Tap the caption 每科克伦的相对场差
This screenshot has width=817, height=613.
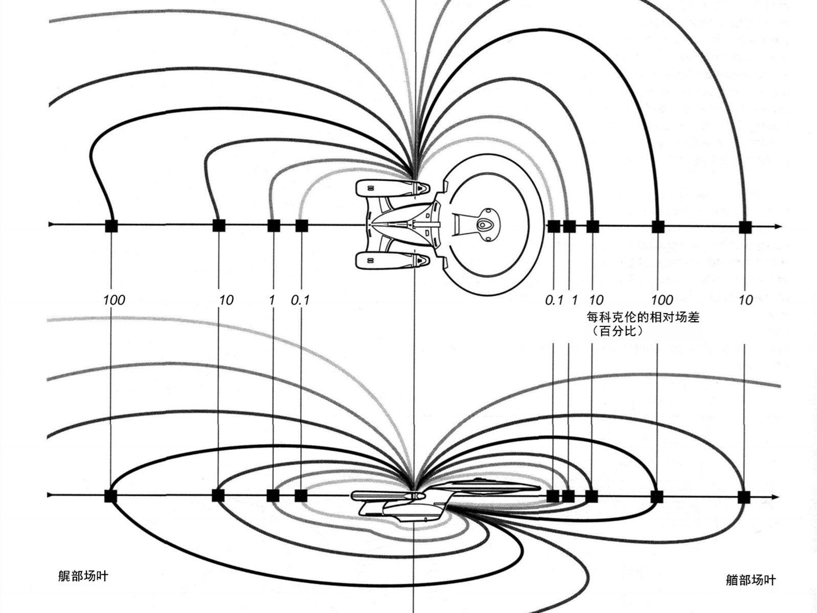[x=643, y=317]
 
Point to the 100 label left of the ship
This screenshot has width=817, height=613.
[x=114, y=300]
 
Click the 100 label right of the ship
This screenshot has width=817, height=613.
[x=662, y=300]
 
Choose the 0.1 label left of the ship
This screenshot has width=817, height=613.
[x=300, y=300]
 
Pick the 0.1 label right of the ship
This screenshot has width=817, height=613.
[x=554, y=300]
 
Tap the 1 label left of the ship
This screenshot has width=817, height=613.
[x=272, y=300]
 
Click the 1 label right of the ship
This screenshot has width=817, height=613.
[x=575, y=300]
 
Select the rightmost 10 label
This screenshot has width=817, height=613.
[x=745, y=300]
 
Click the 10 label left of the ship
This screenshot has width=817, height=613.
[x=226, y=300]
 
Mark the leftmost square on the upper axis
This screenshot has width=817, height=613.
[x=111, y=226]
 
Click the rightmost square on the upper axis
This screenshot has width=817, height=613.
[x=745, y=227]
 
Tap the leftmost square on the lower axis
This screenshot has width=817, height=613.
[x=111, y=496]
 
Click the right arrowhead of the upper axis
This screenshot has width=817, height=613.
[x=777, y=226]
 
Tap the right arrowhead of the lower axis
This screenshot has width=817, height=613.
[x=775, y=497]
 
